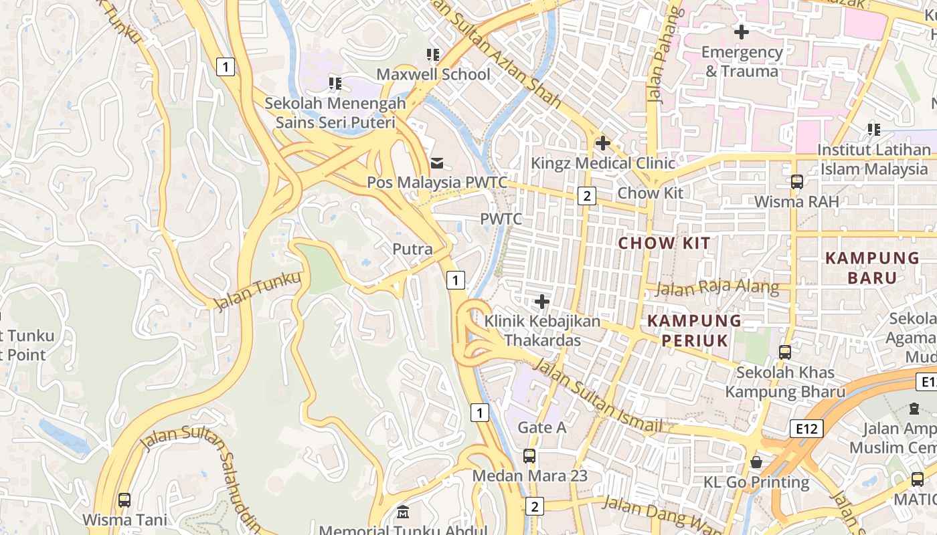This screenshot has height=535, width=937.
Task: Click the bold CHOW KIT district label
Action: tap(664, 243)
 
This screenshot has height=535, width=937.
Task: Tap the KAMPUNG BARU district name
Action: tap(872, 267)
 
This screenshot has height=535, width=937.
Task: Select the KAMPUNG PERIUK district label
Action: tap(695, 330)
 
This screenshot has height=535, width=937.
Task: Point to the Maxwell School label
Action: tap(433, 74)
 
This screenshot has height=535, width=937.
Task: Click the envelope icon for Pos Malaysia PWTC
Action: tap(437, 163)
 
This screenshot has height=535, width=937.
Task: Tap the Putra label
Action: tap(412, 249)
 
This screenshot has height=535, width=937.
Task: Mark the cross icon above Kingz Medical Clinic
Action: tap(602, 142)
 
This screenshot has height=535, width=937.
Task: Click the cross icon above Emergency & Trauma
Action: tap(742, 31)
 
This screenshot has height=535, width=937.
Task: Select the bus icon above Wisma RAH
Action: tap(796, 181)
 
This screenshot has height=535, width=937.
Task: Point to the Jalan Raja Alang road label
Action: tap(717, 288)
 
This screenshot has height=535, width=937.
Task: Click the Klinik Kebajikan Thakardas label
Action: tap(542, 330)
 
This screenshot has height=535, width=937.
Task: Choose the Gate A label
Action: tap(542, 427)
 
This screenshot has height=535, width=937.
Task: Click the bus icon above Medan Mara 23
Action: tap(529, 456)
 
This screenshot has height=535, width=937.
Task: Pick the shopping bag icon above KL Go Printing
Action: tap(756, 462)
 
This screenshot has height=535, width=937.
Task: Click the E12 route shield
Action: tap(806, 429)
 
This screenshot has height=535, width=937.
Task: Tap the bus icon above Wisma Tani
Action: tap(124, 500)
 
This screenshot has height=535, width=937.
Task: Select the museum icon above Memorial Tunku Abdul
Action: tap(403, 513)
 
